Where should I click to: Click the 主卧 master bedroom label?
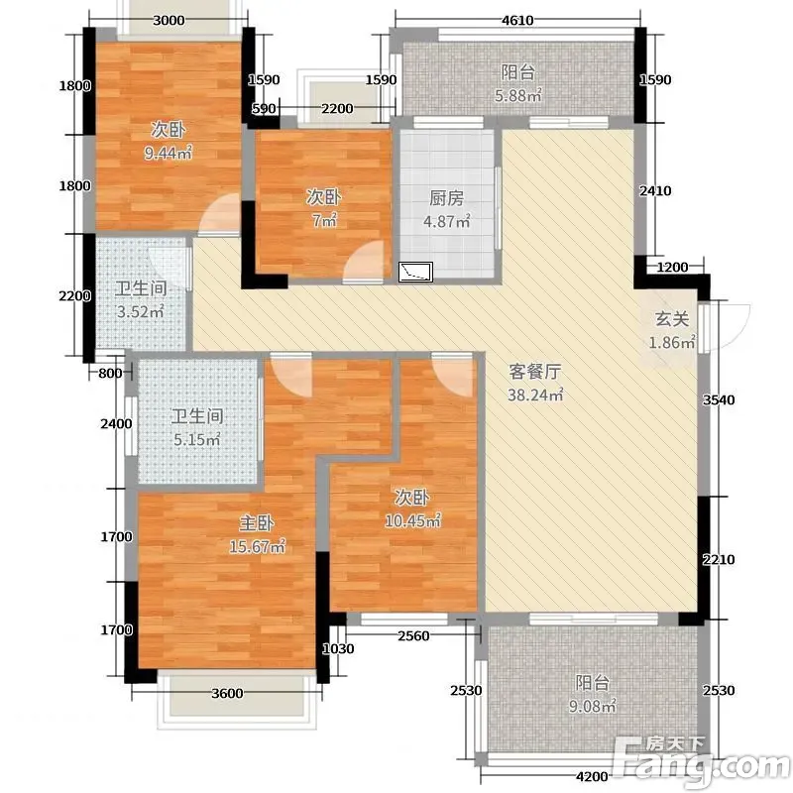[x=257, y=523]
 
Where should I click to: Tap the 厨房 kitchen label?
[x=447, y=197]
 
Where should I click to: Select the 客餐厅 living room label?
[x=535, y=372]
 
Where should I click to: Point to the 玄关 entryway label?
[x=672, y=319]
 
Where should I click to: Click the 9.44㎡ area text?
[x=169, y=153]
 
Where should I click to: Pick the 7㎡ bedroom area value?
[x=324, y=220]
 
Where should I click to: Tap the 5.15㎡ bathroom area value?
[x=197, y=439]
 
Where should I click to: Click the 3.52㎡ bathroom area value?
[x=141, y=311]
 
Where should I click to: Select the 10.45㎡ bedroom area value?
[x=412, y=520]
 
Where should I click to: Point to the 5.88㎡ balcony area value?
[x=517, y=95]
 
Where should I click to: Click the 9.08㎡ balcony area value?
[x=592, y=706]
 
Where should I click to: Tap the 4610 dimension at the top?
[x=517, y=20]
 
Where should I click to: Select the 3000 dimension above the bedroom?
[x=169, y=20]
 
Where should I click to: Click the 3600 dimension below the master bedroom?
[x=227, y=693]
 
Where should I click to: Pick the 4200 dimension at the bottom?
[x=592, y=776]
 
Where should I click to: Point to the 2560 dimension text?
[x=413, y=635]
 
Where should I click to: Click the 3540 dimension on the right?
[x=719, y=400]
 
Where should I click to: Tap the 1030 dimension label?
[x=338, y=649]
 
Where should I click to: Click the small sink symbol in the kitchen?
[x=415, y=272]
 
